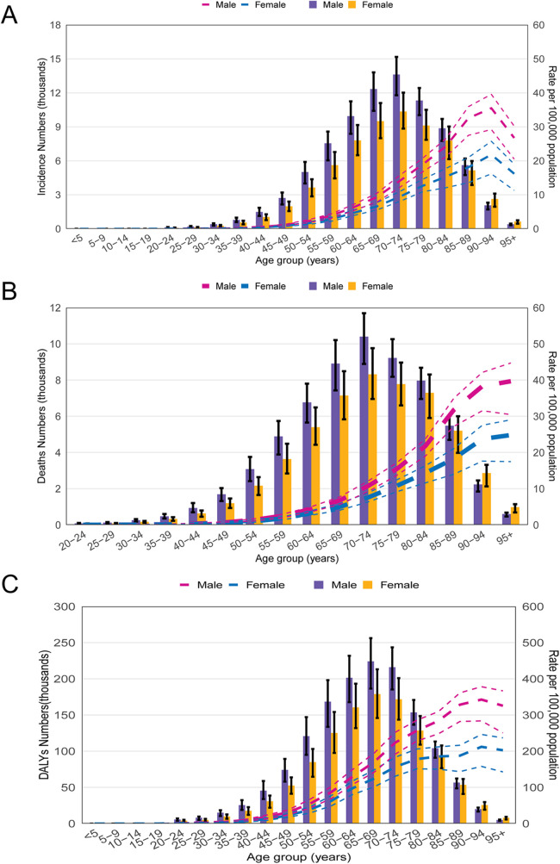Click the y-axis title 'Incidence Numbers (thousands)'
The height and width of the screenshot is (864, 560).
pos(41,127)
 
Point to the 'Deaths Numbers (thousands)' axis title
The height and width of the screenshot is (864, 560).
pos(41,416)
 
